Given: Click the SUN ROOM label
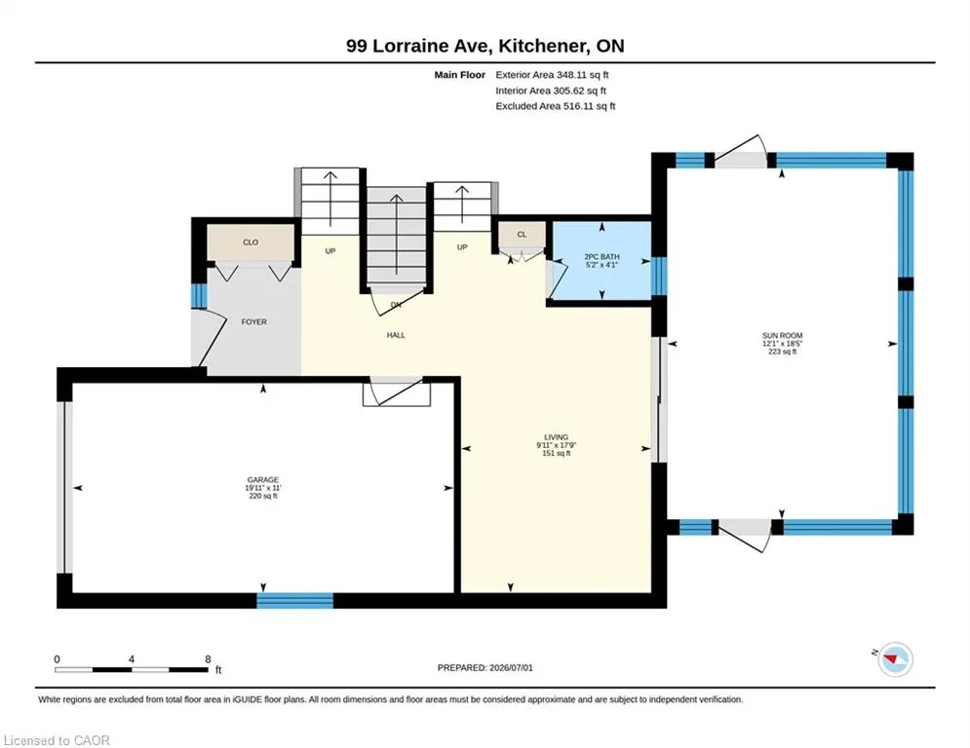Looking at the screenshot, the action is click(782, 336).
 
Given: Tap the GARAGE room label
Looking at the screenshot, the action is click(263, 480).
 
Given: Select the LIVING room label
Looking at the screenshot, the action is click(556, 437).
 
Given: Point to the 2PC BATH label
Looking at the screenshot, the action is click(601, 256).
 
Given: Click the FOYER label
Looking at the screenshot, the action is click(254, 322).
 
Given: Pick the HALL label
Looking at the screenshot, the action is click(396, 335).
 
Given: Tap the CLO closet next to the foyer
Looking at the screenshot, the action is click(251, 243).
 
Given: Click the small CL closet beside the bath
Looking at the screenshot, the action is click(523, 235).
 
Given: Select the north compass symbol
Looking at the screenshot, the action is click(894, 659).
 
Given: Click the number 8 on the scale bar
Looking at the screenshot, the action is click(208, 659).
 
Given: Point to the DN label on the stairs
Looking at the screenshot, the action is click(396, 304).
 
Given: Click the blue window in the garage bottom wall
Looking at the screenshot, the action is click(295, 600).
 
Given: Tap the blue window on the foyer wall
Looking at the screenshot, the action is click(199, 295).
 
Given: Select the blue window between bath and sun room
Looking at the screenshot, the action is click(659, 277).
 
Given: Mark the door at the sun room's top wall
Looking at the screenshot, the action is click(741, 152).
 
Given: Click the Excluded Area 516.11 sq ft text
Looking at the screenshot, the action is click(556, 106).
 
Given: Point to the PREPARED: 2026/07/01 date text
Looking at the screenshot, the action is click(485, 667).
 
